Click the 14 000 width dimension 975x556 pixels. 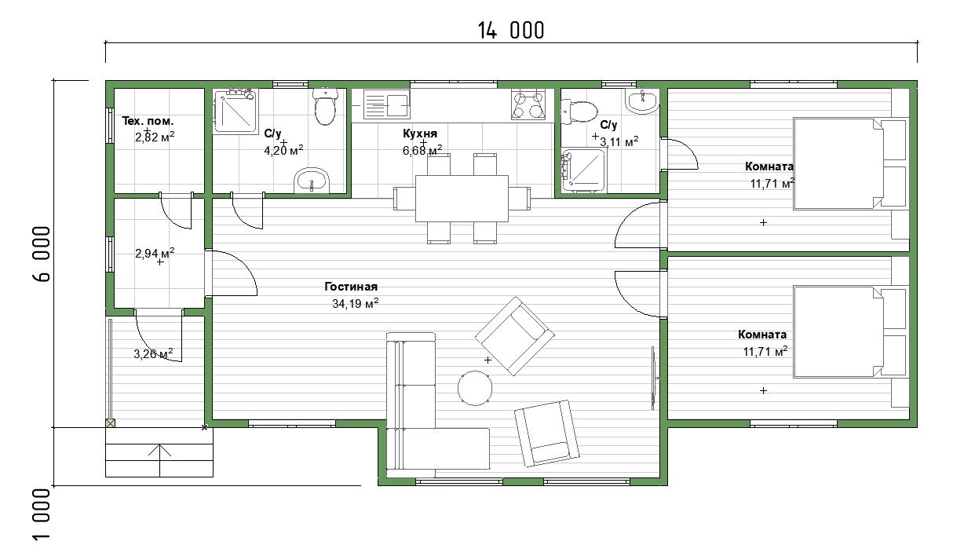(511, 31)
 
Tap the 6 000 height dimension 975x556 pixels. (42, 254)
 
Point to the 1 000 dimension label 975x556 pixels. (42, 515)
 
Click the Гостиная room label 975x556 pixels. (351, 287)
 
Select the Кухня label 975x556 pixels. (420, 134)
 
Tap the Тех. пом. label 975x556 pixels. (148, 121)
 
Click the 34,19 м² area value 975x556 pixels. (355, 303)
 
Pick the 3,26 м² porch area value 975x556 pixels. (153, 353)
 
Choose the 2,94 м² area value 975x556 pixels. (155, 253)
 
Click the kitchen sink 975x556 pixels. (386, 104)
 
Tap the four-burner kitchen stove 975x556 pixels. (528, 104)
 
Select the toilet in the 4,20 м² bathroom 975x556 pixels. (325, 106)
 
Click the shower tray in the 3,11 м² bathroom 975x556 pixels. (583, 170)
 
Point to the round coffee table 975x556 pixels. (475, 388)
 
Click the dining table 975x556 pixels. (462, 199)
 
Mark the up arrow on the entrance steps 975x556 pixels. (159, 459)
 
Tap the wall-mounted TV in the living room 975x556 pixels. (654, 378)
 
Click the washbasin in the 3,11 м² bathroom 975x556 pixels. (642, 101)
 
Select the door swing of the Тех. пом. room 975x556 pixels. (176, 210)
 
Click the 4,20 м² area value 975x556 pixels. (283, 151)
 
